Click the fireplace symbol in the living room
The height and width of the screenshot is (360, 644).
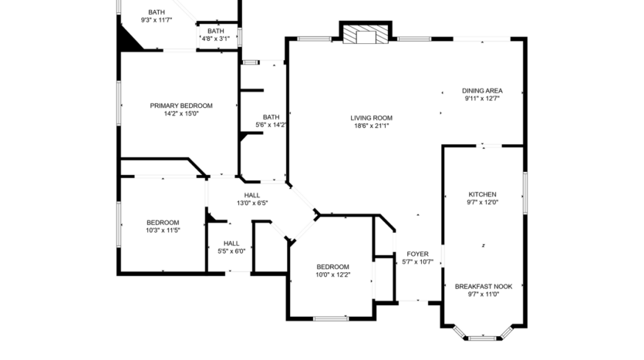[x=366, y=35]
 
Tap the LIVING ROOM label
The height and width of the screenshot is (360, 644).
[x=371, y=118]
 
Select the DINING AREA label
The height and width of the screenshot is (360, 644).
[x=482, y=90]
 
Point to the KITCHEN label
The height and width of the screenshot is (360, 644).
[x=482, y=194]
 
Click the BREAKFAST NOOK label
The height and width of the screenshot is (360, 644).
[x=483, y=286]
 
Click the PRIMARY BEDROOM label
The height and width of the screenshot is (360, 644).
[x=181, y=106]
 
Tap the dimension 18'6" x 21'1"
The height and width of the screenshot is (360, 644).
[x=371, y=126]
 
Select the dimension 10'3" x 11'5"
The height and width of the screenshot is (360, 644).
[x=163, y=230]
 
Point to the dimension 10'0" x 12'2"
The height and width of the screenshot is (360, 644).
[x=332, y=275]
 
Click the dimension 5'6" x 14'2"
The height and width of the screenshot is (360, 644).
[x=271, y=125]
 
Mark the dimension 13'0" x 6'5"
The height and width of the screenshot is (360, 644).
[x=252, y=204]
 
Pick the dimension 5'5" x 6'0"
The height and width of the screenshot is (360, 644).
[x=231, y=251]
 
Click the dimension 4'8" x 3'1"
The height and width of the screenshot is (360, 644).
[x=215, y=39]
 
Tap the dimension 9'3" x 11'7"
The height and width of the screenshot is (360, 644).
[x=157, y=20]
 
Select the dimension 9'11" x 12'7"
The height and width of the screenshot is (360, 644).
[x=482, y=99]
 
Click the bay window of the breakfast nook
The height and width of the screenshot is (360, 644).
[x=483, y=337]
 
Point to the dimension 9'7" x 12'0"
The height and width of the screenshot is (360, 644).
[x=482, y=203]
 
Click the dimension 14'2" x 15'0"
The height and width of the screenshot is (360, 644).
[x=181, y=114]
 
